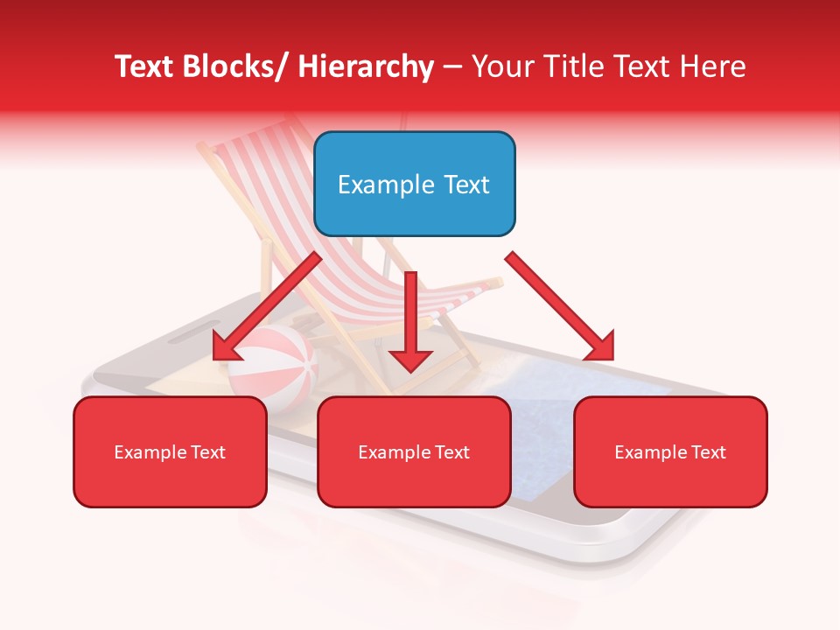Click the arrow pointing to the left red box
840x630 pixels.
click(x=262, y=311)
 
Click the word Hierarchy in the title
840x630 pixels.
click(x=366, y=66)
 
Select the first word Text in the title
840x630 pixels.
click(x=145, y=66)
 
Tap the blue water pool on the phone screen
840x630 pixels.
click(x=560, y=385)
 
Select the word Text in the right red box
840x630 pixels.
click(x=708, y=452)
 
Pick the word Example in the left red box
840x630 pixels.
click(x=150, y=452)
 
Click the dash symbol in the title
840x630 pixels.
click(x=452, y=66)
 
